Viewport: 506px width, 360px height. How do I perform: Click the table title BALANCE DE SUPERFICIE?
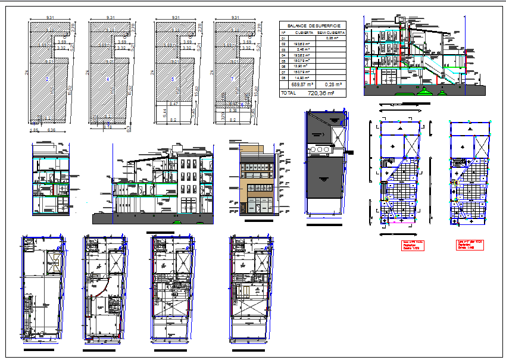pos(313,26)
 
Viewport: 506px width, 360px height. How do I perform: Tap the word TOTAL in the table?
pos(288,93)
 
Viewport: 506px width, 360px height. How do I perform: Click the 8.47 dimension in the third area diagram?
pos(174,104)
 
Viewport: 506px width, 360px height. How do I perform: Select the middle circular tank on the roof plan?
pos(316,149)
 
